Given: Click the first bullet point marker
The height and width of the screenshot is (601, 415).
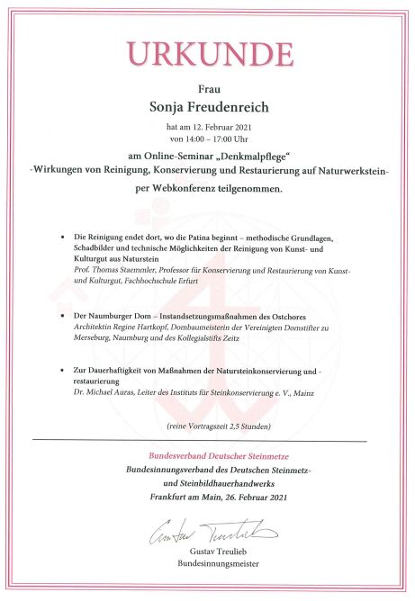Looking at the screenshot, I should point(63,237).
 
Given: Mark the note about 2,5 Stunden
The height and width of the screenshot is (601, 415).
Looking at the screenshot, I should point(208,423).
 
